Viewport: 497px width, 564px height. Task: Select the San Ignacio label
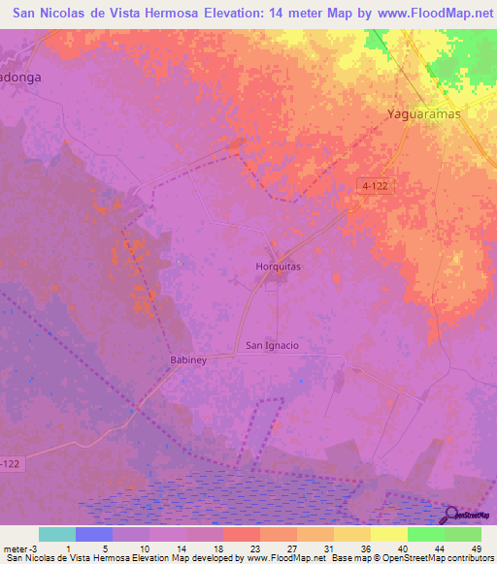[271, 345]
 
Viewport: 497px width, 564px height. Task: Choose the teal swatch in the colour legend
[57, 534]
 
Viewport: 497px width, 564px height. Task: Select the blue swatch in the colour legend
[94, 534]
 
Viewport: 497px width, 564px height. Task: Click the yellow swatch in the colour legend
[388, 534]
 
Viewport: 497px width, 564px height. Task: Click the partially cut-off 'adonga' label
[23, 78]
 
